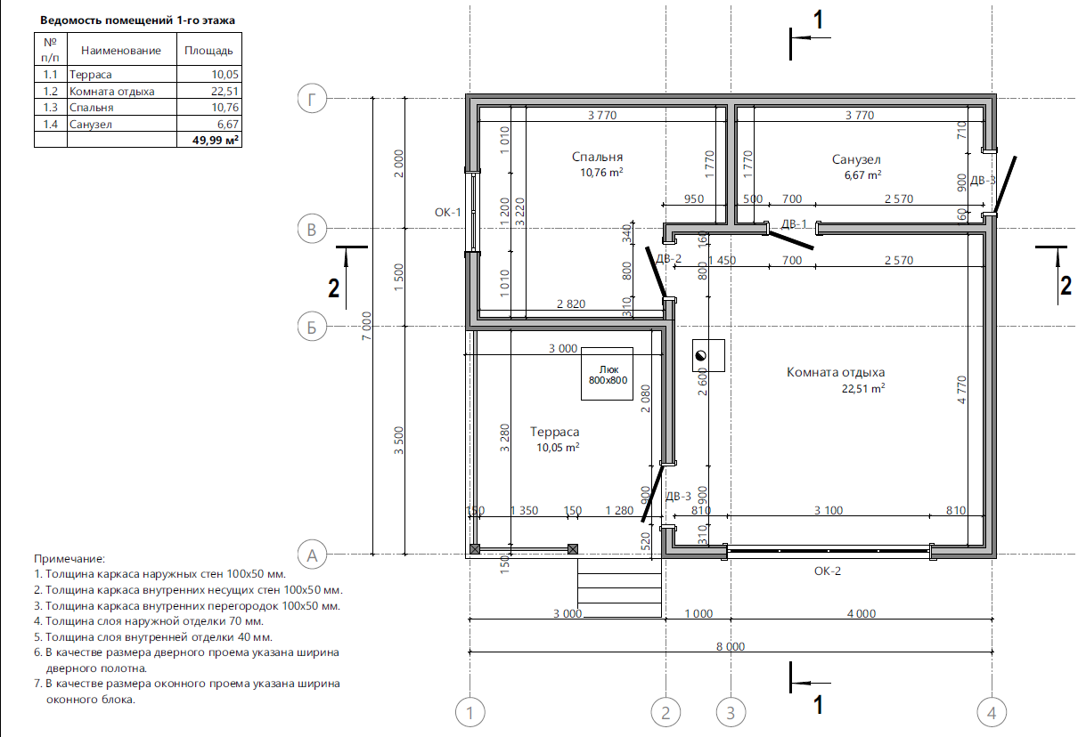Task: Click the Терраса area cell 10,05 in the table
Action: pyautogui.click(x=225, y=74)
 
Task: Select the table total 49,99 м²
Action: pyautogui.click(x=215, y=140)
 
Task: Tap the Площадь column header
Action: pyautogui.click(x=208, y=51)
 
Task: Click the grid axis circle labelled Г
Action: pyautogui.click(x=312, y=99)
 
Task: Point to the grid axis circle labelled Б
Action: pyautogui.click(x=312, y=327)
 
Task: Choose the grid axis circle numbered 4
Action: pyautogui.click(x=992, y=712)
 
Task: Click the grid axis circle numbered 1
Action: pyautogui.click(x=470, y=712)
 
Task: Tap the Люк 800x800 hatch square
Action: pyautogui.click(x=607, y=374)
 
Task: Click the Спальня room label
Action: pyautogui.click(x=597, y=157)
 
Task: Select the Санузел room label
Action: pyautogui.click(x=856, y=159)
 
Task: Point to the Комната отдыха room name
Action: pyautogui.click(x=836, y=372)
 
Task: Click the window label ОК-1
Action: pyautogui.click(x=447, y=212)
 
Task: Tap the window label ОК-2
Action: pyautogui.click(x=828, y=571)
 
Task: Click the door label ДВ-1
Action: pyautogui.click(x=794, y=224)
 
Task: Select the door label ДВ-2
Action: pyautogui.click(x=669, y=259)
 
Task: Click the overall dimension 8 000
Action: pyautogui.click(x=730, y=646)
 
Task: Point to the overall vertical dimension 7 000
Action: pyautogui.click(x=367, y=326)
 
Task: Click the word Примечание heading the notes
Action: pyautogui.click(x=69, y=559)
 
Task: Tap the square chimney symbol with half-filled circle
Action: pyautogui.click(x=708, y=355)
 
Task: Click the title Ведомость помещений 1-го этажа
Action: pyautogui.click(x=137, y=20)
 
